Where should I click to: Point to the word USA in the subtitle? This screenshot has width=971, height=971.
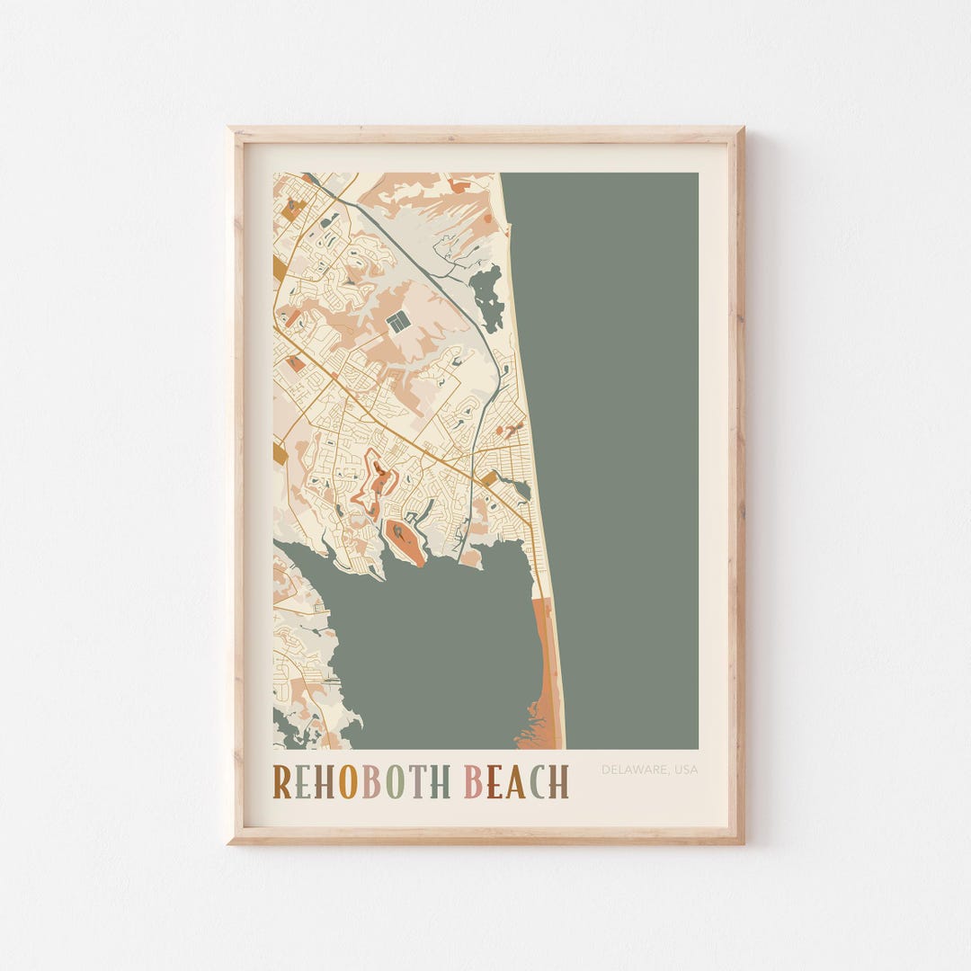(x=684, y=770)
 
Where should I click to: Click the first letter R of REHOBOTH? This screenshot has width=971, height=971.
(x=282, y=781)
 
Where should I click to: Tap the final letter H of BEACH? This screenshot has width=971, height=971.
(x=559, y=781)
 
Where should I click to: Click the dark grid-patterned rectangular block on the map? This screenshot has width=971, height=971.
(x=398, y=320)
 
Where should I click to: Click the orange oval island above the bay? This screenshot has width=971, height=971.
(x=405, y=542)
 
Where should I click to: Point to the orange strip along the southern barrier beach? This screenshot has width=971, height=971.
(x=545, y=665)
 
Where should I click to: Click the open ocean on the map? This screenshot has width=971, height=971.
(x=620, y=450)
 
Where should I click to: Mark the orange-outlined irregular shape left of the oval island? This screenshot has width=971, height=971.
(x=376, y=485)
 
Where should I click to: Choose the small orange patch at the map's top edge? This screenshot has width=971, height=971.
(x=459, y=186)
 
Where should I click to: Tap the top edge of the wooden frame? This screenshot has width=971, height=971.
(x=485, y=134)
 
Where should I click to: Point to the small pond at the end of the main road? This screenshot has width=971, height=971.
(x=519, y=488)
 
